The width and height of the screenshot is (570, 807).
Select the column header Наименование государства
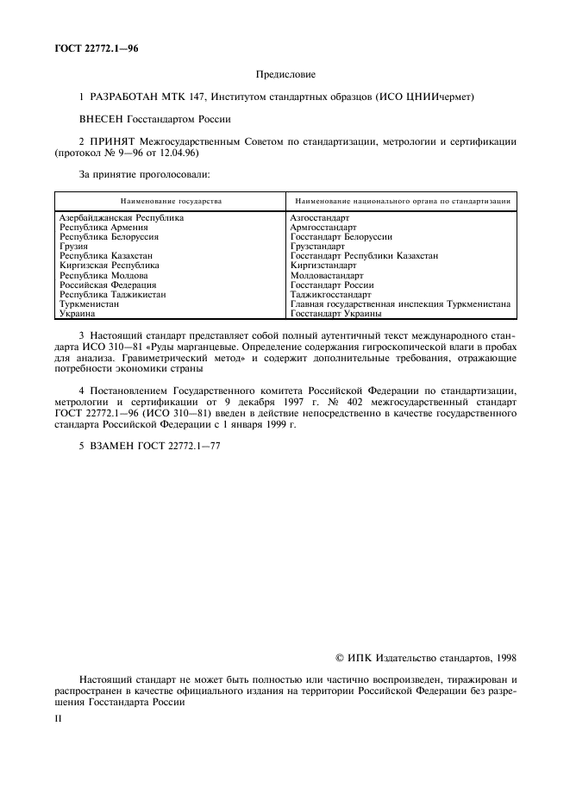point(171,201)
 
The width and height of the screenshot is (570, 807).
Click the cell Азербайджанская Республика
point(122,218)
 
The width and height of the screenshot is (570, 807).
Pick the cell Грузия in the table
point(73,247)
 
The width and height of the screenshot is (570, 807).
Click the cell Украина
point(77,313)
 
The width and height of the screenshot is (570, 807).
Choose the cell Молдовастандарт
point(327,275)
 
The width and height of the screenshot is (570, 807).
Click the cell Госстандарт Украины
point(336,313)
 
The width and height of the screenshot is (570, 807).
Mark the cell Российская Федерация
point(108,285)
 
